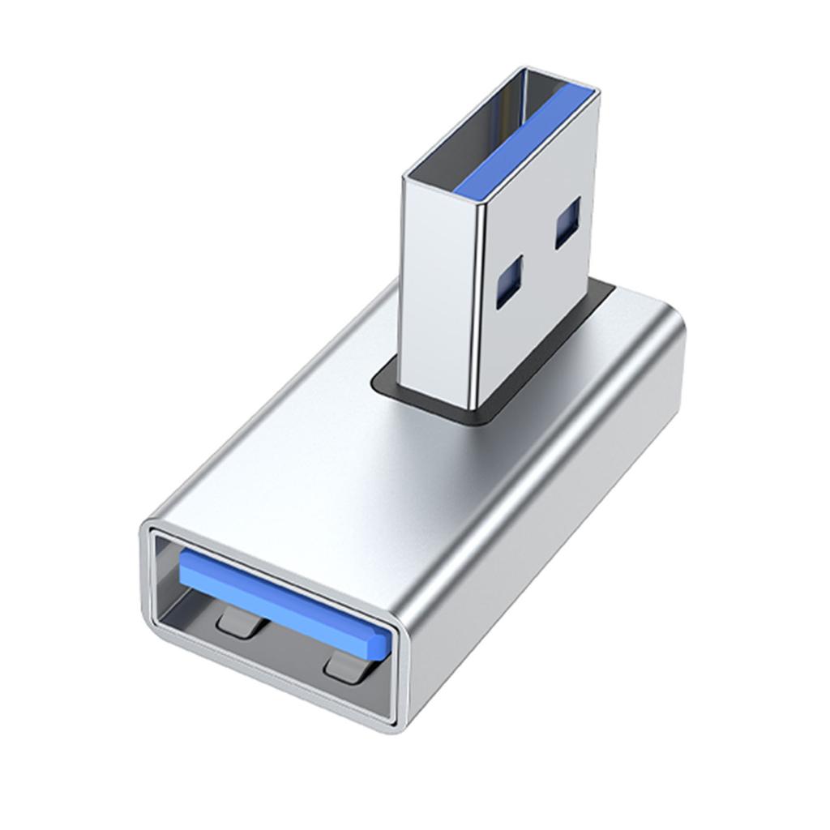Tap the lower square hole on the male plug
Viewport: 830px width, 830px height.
pyautogui.click(x=510, y=284)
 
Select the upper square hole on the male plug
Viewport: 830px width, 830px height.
pyautogui.click(x=567, y=223)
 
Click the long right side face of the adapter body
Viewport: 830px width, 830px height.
pyautogui.click(x=551, y=527)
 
